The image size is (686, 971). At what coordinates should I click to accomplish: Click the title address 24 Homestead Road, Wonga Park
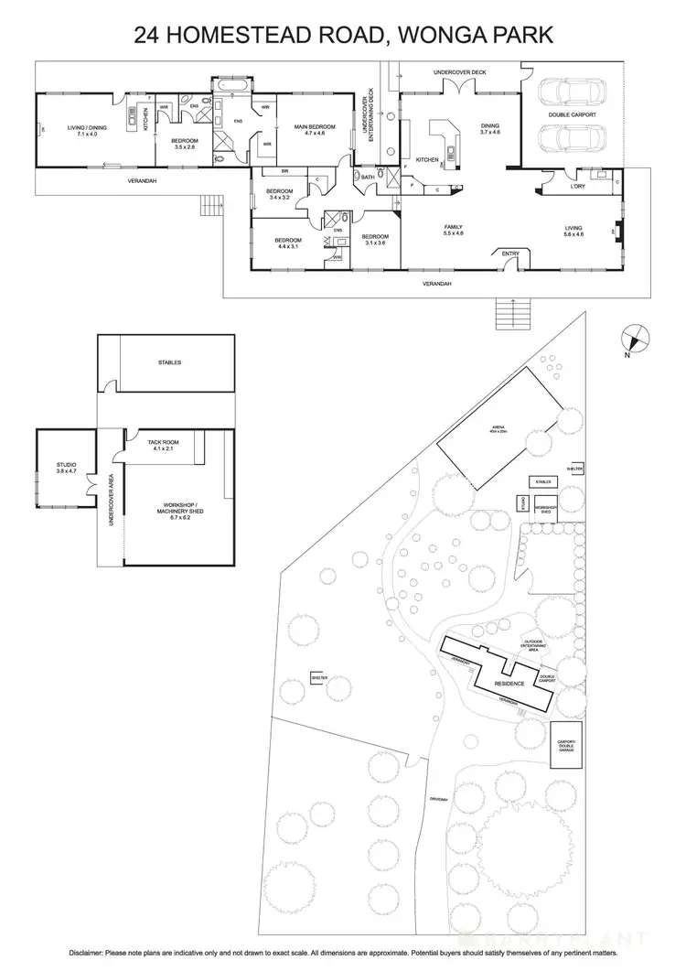pos(343,36)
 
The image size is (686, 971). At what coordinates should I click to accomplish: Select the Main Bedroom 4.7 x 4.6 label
pos(314,130)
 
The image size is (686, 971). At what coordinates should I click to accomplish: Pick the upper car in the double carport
pos(567,92)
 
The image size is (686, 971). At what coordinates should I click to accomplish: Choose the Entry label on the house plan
pos(509,254)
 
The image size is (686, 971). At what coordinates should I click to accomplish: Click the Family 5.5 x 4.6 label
pos(453,230)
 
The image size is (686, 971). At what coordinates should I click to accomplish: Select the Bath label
pos(368,177)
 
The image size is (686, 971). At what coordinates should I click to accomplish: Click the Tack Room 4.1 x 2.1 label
pos(163,446)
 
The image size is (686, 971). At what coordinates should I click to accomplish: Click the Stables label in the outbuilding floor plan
pos(169,362)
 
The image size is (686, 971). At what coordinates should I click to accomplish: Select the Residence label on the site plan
pos(509,684)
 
